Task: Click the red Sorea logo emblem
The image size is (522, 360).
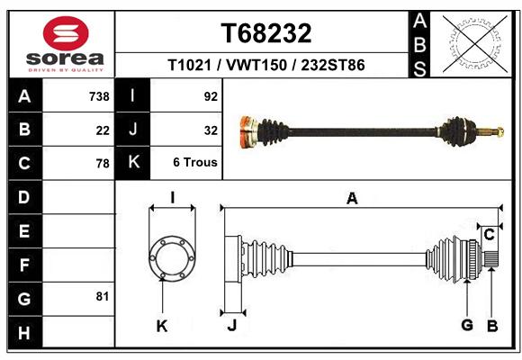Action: (66, 33)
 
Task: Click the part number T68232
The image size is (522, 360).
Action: (266, 33)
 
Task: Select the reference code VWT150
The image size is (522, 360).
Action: (256, 65)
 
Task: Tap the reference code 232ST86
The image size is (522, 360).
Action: (333, 65)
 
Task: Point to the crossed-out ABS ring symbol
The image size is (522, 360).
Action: (475, 44)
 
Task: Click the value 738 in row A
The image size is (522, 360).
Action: (99, 96)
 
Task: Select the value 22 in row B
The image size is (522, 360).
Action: (103, 130)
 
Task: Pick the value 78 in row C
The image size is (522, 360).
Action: (103, 164)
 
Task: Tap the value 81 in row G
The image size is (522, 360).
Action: (103, 296)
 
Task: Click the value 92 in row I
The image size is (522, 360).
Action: (211, 96)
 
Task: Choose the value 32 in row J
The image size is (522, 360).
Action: (211, 130)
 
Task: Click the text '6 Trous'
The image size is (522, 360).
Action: (195, 162)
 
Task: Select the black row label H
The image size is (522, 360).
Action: (25, 332)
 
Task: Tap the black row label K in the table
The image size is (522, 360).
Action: (133, 162)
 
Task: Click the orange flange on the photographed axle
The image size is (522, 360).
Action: (247, 131)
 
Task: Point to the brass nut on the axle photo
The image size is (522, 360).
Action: (500, 132)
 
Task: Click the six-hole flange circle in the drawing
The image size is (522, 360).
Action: (172, 258)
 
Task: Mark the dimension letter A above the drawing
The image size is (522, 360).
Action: (352, 199)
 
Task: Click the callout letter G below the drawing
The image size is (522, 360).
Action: (467, 324)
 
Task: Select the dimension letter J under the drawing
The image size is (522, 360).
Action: (232, 325)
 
